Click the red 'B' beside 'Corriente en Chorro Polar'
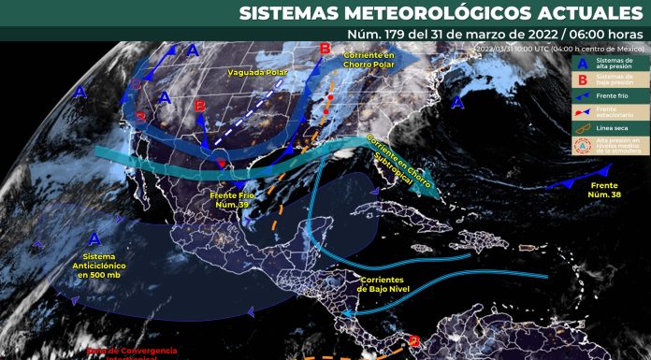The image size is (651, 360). (325, 49)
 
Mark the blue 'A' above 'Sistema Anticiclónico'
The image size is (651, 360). (95, 239)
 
